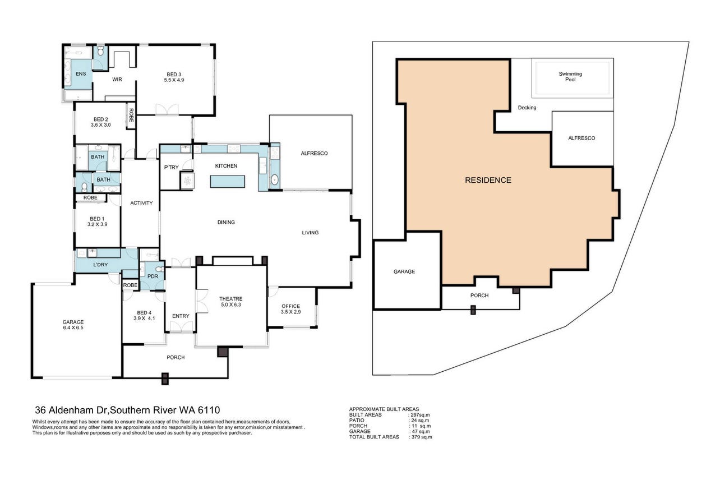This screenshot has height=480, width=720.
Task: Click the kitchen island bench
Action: (228, 181)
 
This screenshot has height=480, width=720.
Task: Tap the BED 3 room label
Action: (174, 75)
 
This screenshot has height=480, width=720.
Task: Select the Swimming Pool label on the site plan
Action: (570, 76)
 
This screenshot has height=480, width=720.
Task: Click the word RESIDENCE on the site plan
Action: (488, 180)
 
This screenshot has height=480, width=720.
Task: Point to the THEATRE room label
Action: (231, 299)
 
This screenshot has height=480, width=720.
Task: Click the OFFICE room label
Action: (290, 306)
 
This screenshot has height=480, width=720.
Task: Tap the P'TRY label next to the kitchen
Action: (172, 167)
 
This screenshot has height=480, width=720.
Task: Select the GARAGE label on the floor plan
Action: (73, 322)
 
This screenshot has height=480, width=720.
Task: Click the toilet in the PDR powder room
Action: (159, 269)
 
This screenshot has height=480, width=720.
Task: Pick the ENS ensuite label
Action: (81, 73)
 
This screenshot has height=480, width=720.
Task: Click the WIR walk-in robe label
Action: (117, 79)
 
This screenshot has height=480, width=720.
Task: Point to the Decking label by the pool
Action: (527, 108)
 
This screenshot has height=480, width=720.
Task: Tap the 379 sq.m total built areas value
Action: (422, 437)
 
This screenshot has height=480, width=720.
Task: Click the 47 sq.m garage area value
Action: (421, 431)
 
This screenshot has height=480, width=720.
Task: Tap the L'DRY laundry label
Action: (100, 265)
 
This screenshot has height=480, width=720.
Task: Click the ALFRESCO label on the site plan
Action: (581, 138)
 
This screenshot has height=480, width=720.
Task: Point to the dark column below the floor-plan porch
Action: (165, 379)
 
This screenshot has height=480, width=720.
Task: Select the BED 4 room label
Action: (144, 312)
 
